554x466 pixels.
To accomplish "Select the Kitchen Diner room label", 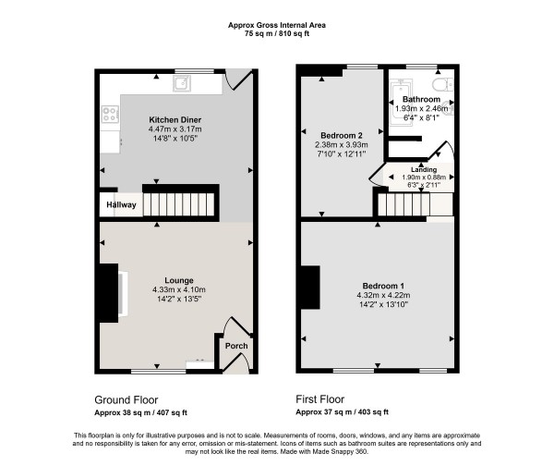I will point(175,120).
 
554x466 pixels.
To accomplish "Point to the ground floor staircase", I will point(181,203).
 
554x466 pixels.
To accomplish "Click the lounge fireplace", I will point(111,291).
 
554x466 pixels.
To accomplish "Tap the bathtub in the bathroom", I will point(403,95).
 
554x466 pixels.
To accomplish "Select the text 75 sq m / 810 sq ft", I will point(277,33).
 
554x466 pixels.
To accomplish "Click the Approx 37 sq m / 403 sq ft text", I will point(342,412).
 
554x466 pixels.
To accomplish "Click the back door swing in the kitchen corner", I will point(238,80).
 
